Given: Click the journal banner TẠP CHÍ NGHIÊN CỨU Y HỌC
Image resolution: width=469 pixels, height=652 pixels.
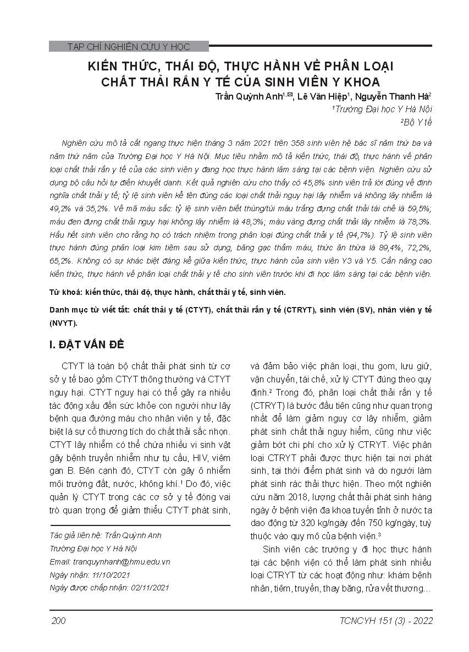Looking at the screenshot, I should [x=128, y=47].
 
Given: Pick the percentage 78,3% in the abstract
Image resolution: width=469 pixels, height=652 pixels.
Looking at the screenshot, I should [x=416, y=233].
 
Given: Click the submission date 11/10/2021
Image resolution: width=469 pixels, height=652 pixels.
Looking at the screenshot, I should [x=113, y=574].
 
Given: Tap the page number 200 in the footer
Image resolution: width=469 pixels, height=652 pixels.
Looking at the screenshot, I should [x=58, y=621].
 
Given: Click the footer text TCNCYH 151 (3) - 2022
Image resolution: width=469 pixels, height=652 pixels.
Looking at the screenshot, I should [x=387, y=621].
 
